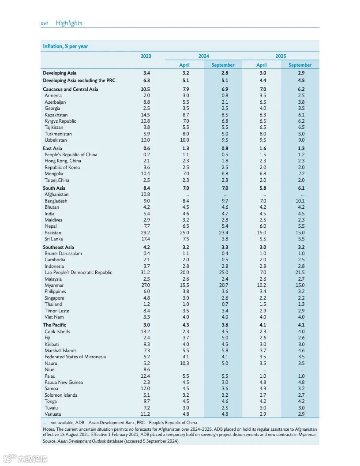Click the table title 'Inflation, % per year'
(65, 46)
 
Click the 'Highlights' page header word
(69, 23)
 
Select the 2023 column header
(146, 56)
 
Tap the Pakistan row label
(53, 233)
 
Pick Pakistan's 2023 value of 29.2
(146, 233)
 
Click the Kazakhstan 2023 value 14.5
(146, 115)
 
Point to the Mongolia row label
(54, 174)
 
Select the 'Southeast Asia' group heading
(58, 247)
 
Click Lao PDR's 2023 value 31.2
(146, 272)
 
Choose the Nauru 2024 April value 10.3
(184, 363)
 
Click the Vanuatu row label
(54, 414)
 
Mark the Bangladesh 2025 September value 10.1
(300, 201)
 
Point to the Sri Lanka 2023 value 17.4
(146, 239)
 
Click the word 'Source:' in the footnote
(49, 441)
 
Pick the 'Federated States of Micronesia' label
(75, 357)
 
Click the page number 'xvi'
(44, 23)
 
